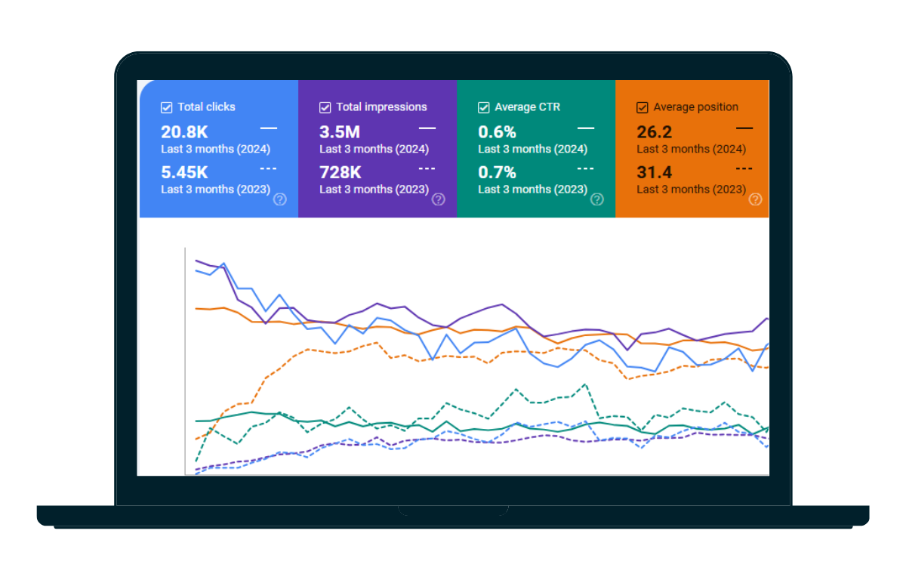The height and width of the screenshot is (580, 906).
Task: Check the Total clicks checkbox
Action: pos(167,107)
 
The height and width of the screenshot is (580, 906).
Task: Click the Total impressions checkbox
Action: pos(325,107)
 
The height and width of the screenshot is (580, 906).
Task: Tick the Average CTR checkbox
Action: pos(484,107)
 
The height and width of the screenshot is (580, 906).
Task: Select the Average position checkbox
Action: pos(643,107)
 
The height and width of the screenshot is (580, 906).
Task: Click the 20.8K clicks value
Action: pos(184,132)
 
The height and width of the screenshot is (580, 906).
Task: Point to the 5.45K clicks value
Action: pos(184,172)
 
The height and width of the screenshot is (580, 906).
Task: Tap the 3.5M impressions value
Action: pos(340,132)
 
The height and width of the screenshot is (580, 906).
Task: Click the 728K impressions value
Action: pos(341,172)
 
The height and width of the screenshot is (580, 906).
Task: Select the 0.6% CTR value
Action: pos(497,132)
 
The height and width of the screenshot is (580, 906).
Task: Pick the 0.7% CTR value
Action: pos(497,172)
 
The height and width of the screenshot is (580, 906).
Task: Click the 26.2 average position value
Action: pos(654,132)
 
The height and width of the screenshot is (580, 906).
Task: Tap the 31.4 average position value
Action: pos(654,172)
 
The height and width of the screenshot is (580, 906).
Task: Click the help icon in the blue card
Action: pos(280,199)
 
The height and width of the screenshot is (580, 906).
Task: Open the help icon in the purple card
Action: pos(439,199)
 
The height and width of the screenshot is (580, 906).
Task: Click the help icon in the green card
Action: pos(597,199)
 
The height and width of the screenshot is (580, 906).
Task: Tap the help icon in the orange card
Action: pos(755,199)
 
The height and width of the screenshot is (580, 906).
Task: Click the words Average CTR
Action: pos(527,107)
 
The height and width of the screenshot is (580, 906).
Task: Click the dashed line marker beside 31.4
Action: pos(744,168)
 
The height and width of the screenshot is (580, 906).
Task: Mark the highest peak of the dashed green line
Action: pos(585,384)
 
